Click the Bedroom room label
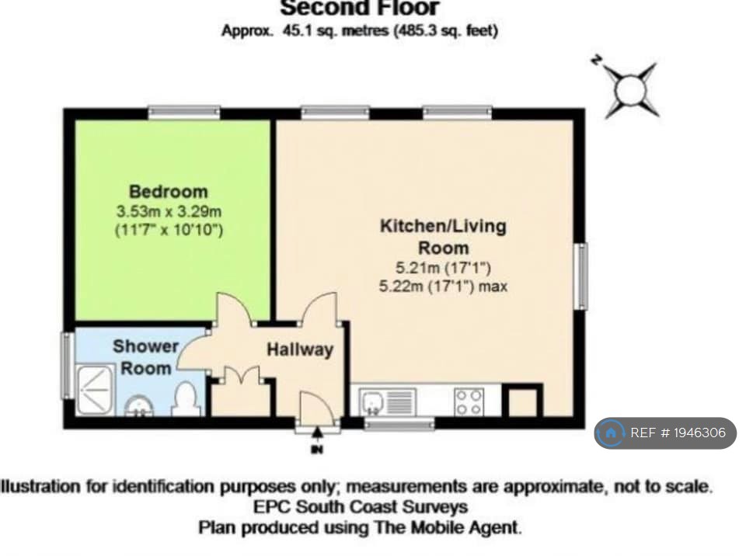169,191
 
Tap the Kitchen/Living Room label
442,237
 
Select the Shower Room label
145,356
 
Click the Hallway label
300,349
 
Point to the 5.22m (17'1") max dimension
442,287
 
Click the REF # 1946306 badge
665,433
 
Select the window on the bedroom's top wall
184,113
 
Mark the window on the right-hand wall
580,276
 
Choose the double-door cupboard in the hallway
242,394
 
